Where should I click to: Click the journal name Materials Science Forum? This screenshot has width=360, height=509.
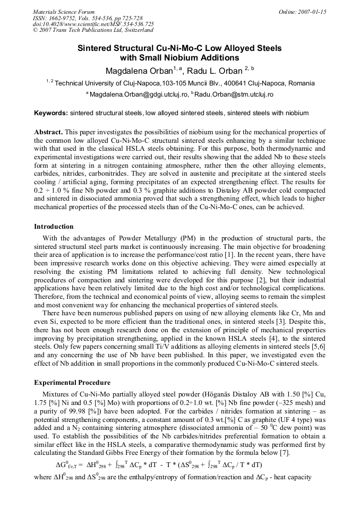click(64, 12)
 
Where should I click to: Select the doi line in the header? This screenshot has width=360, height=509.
click(93, 24)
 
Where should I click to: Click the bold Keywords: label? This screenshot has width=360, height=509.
click(51, 113)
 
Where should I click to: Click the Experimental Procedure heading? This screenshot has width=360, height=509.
click(72, 383)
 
